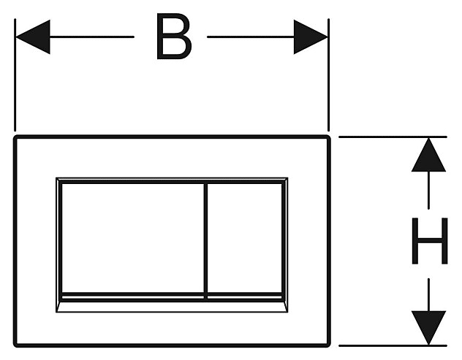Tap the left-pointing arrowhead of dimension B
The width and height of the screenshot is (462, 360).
(33, 37)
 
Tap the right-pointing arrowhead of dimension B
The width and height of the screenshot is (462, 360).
(311, 37)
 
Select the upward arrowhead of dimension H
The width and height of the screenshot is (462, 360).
(428, 155)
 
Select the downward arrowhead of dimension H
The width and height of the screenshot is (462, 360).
(428, 327)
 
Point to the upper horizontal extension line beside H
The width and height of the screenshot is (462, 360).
(395, 137)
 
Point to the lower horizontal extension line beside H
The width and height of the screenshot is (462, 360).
(395, 345)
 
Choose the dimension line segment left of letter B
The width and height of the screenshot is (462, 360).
(91, 37)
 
